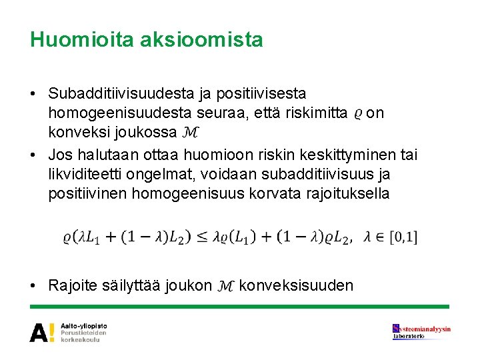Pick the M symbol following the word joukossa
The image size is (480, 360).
190,133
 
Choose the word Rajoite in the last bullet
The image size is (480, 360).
74,286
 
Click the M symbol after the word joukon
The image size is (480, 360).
225,287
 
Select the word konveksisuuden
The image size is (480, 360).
296,286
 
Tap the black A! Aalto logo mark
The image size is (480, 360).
43,331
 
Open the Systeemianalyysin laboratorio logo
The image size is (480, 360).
421,331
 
